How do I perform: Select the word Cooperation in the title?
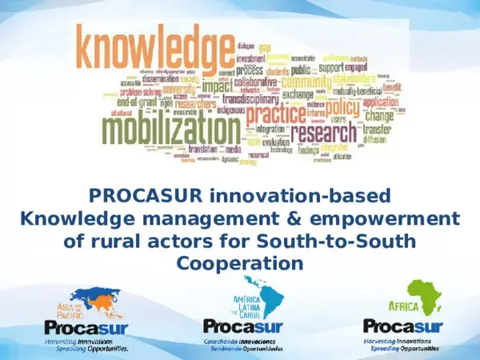tap(240, 263)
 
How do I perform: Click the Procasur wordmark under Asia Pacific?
tap(81, 327)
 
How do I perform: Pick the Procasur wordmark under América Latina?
tap(240, 326)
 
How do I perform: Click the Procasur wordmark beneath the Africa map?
tap(400, 326)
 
